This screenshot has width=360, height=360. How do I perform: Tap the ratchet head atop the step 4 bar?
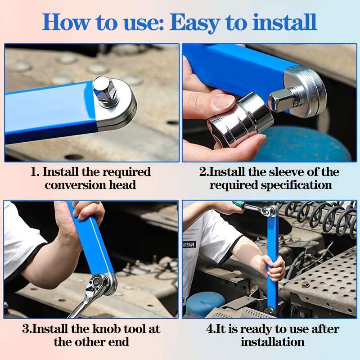268,211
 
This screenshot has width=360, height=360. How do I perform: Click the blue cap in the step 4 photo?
205,303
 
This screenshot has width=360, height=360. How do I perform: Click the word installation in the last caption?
272,342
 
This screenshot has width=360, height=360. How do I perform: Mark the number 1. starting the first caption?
35,172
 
